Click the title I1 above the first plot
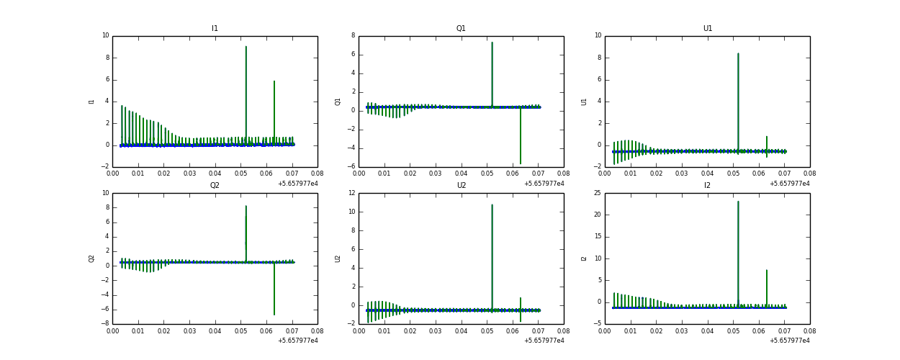[215, 29]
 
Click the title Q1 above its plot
[461, 29]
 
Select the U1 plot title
[707, 29]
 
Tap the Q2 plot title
[215, 186]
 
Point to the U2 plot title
[461, 186]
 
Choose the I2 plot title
[707, 186]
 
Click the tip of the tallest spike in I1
[246, 47]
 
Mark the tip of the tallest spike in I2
[738, 202]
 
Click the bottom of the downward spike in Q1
[521, 163]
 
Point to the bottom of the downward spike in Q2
[274, 315]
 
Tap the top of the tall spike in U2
[492, 204]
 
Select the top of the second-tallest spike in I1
[274, 81]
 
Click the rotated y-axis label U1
[584, 102]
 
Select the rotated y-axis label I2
[584, 258]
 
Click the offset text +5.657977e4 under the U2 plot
[544, 341]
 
